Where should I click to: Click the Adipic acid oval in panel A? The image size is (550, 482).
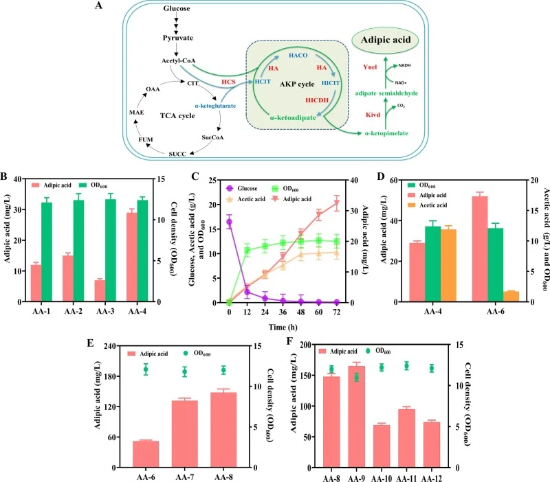point(386,40)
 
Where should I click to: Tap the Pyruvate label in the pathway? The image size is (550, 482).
point(178,38)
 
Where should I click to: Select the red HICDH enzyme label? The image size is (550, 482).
point(317,100)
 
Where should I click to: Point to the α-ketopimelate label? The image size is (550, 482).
point(386,133)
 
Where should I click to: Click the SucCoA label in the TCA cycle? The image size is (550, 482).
point(212,137)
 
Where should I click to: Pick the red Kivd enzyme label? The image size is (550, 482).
point(373,115)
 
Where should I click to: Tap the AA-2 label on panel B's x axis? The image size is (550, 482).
point(73,311)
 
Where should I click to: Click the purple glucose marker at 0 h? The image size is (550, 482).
point(229,222)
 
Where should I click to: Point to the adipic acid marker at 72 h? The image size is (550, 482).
point(337,203)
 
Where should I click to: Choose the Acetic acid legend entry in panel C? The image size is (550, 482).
point(245,199)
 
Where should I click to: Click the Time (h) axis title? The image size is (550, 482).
point(283,328)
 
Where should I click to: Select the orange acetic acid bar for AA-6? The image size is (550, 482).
point(511,297)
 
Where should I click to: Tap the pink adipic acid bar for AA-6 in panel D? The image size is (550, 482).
point(479,249)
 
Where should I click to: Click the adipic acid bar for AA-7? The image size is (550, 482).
point(185,434)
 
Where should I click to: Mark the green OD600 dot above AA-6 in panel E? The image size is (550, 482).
point(146,369)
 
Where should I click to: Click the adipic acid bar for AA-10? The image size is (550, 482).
point(382,446)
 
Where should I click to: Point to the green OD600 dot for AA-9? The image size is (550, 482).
point(356,377)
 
